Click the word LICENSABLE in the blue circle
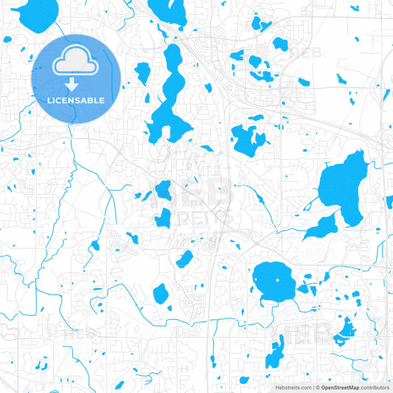pos(76,100)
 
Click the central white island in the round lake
pos(278,279)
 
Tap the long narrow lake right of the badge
pos(170,96)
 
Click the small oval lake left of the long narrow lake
pos(142,72)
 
